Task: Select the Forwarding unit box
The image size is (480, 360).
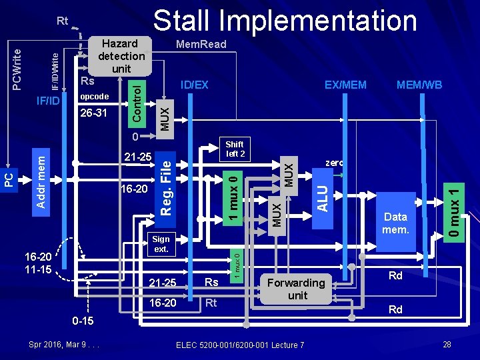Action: pos(297,289)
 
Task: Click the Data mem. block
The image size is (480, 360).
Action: pos(395,223)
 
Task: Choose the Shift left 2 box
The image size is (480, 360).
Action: pos(235,149)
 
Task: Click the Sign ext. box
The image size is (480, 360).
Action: pos(161,243)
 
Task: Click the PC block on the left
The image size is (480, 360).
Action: pos(8,179)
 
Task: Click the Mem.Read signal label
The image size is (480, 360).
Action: pos(201,45)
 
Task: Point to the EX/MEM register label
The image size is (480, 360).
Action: pos(345,85)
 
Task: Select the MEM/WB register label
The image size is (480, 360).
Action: pos(419,85)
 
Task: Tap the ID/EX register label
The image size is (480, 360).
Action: pos(195,85)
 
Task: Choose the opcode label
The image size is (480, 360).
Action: pos(93,97)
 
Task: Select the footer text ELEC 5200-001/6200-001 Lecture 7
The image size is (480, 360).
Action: pos(240,345)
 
